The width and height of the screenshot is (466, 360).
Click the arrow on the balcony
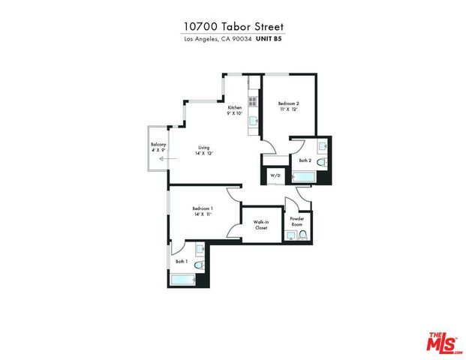coord(161,159)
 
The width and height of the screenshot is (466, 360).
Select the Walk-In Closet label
coord(261,225)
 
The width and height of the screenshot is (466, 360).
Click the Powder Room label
coord(297,222)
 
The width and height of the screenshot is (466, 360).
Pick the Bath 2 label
coord(305,160)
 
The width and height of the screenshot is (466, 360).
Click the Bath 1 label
coord(182,261)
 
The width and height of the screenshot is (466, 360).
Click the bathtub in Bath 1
coord(183,280)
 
